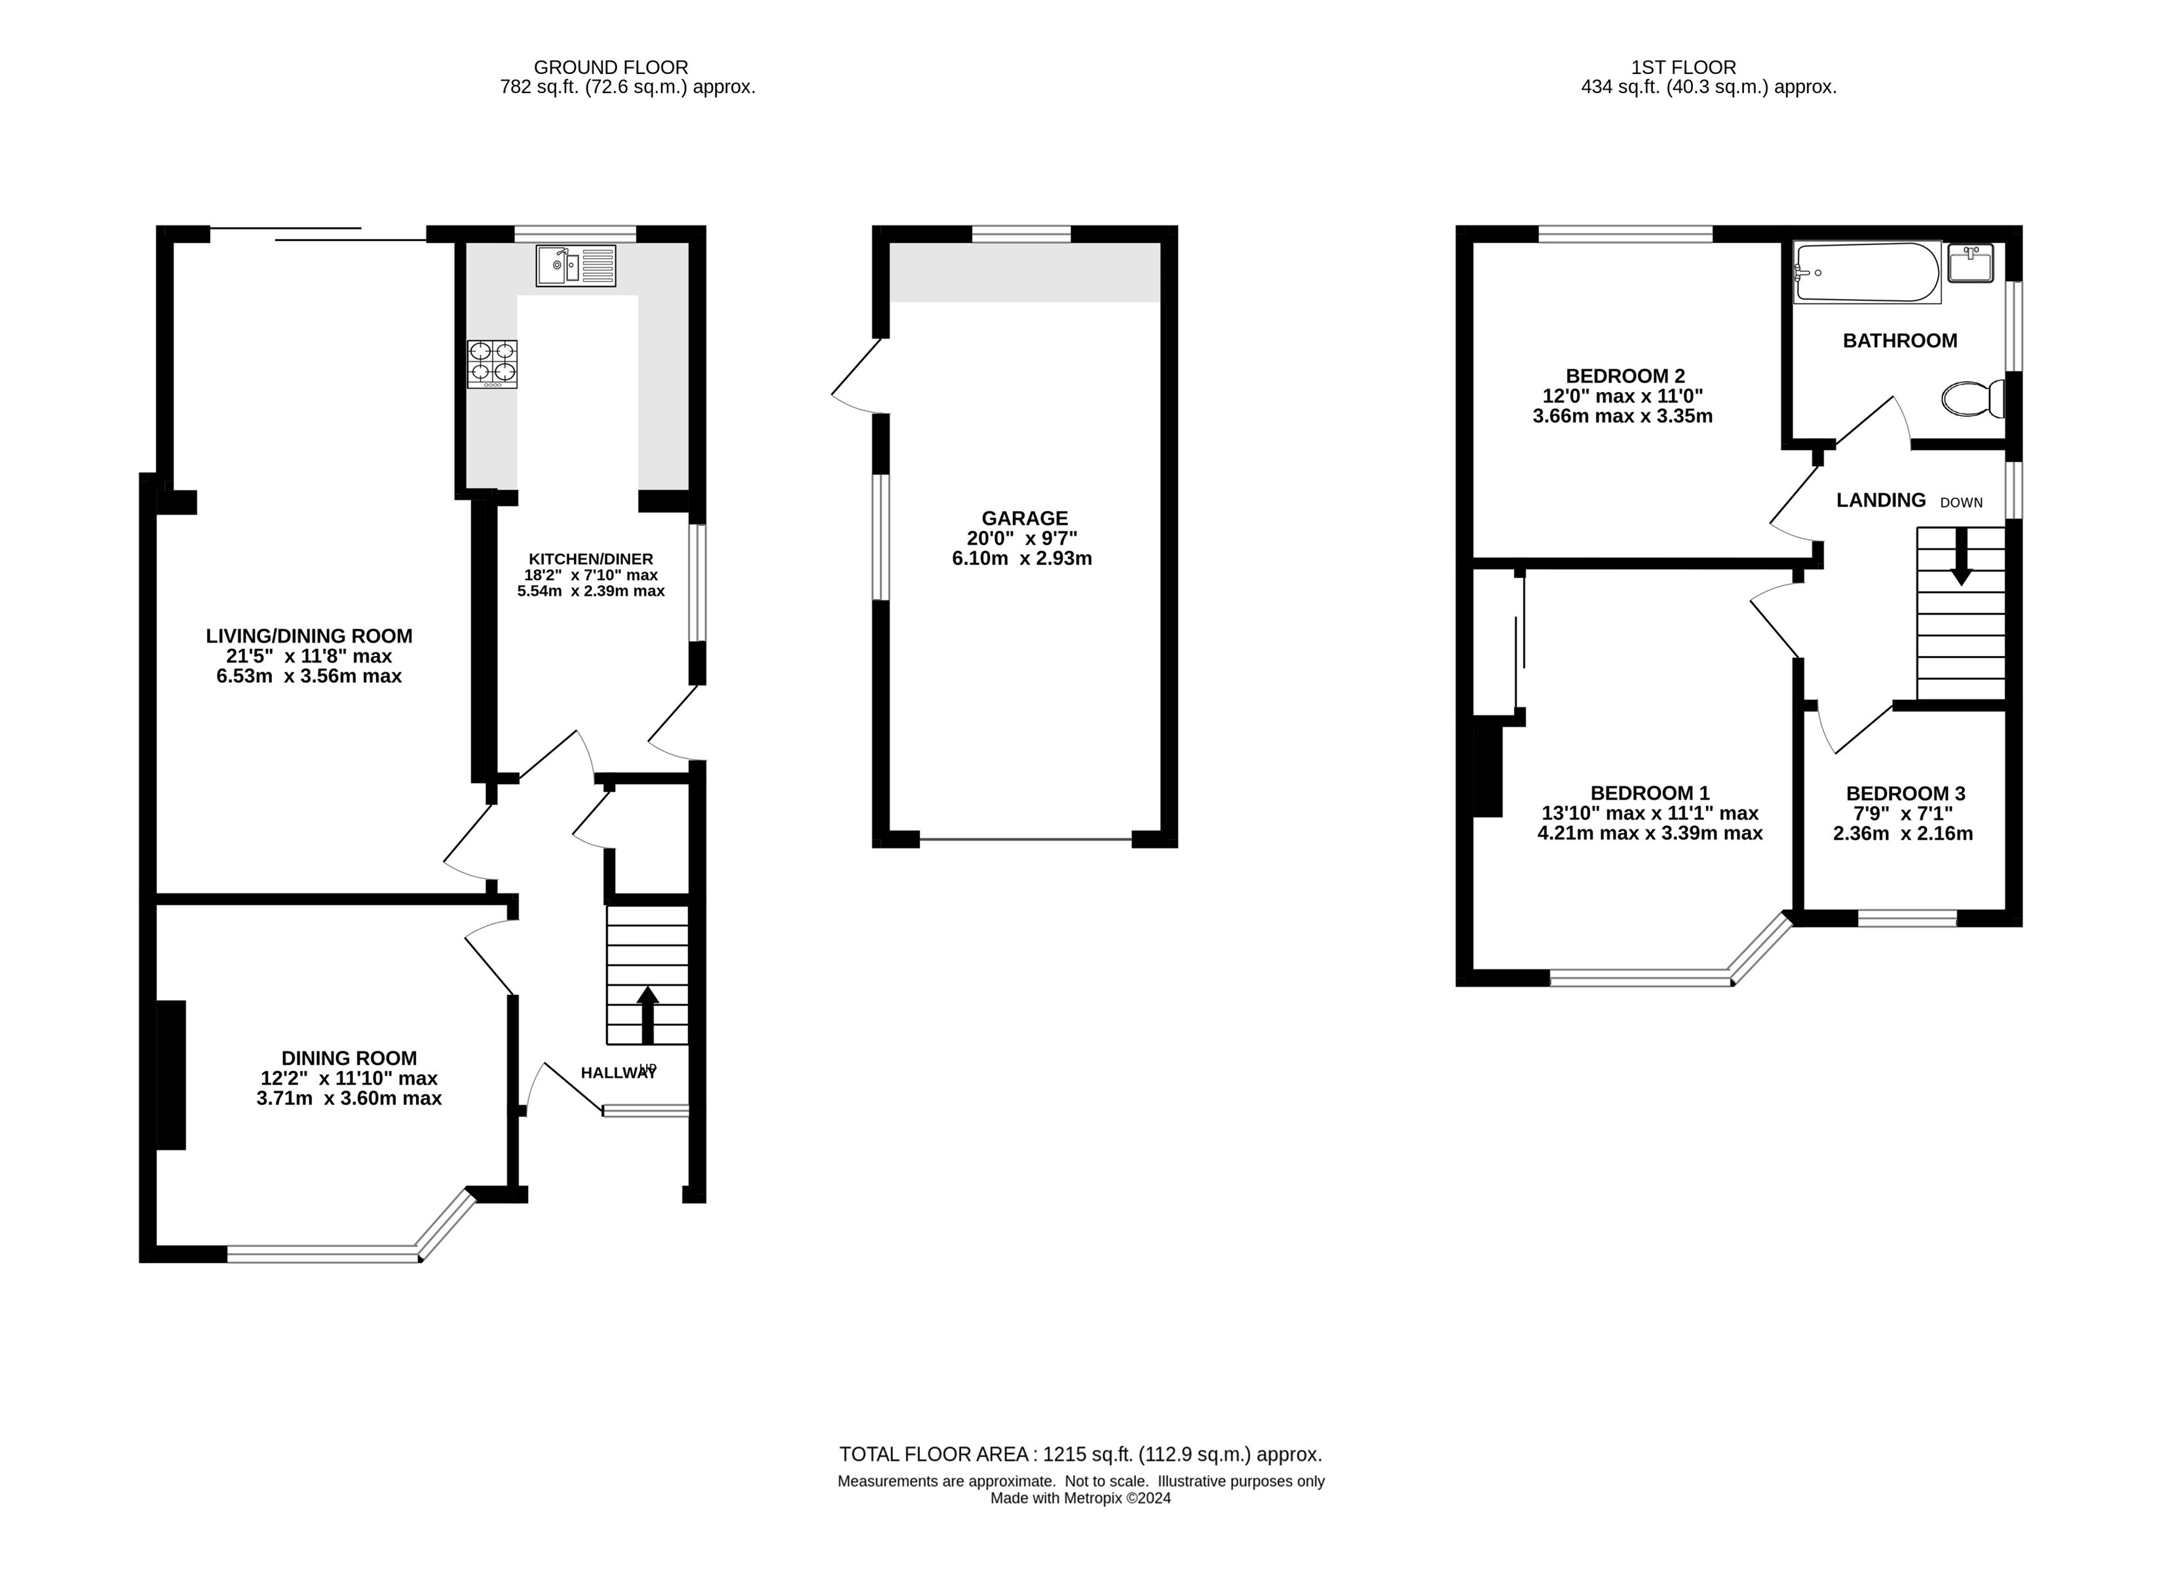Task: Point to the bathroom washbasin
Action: (x=1971, y=263)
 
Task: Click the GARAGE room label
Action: (x=1024, y=518)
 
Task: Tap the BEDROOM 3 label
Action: (x=1905, y=793)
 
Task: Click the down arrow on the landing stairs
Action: (x=1961, y=556)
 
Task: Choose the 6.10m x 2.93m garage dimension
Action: (x=1022, y=558)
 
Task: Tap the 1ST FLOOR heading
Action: (x=1684, y=68)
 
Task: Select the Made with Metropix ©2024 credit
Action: (x=1080, y=1498)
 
